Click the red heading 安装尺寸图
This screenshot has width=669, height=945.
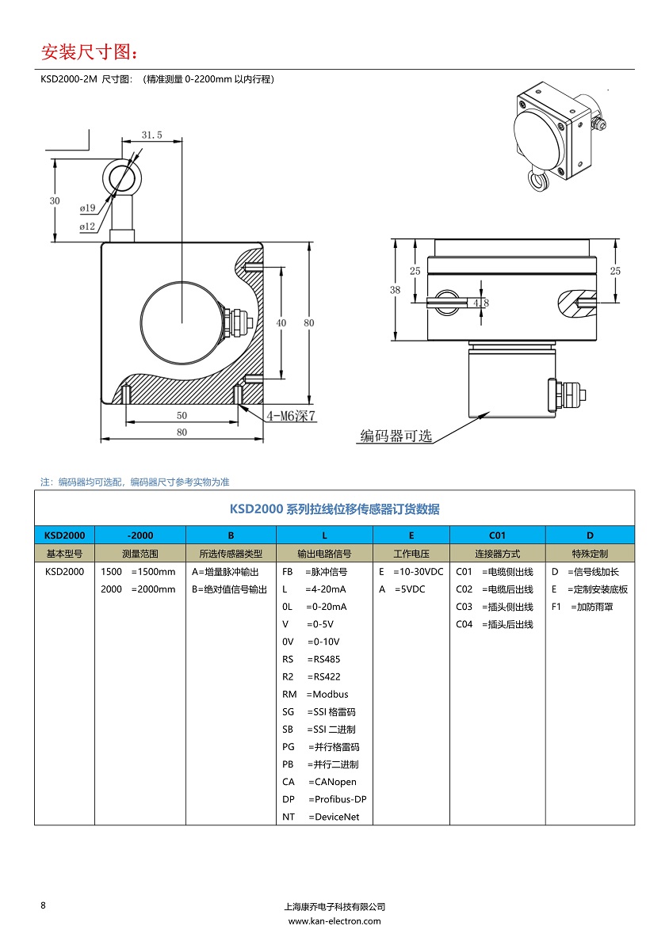click(89, 52)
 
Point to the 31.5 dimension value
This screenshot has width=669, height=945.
click(151, 135)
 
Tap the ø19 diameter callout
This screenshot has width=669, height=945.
click(87, 208)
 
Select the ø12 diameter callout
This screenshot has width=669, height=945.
click(87, 227)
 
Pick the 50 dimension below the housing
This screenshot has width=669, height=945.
click(182, 415)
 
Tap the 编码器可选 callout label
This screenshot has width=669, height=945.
click(396, 436)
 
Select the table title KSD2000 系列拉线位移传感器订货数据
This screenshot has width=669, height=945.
click(334, 509)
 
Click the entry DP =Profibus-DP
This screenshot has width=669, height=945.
click(324, 799)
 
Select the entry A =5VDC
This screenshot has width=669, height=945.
click(402, 589)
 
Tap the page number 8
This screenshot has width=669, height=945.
click(43, 905)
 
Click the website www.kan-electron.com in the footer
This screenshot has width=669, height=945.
click(334, 921)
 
